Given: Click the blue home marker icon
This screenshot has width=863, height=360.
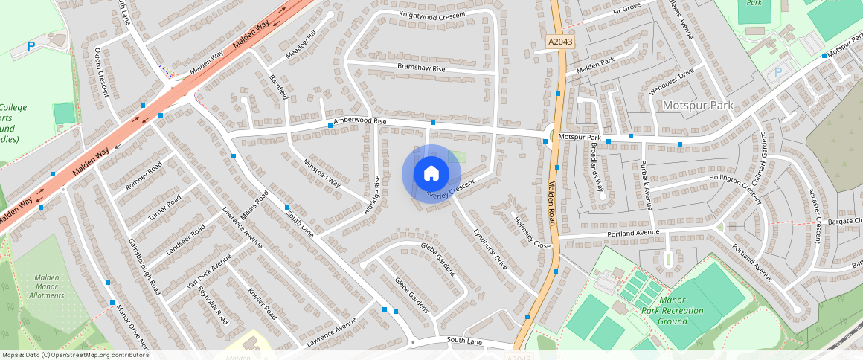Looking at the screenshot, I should (431, 173).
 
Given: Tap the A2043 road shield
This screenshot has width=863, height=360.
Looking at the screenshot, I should (559, 43).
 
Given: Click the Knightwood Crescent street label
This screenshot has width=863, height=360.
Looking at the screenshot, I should (432, 15).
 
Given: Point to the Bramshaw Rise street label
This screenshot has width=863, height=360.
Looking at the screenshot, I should (421, 68).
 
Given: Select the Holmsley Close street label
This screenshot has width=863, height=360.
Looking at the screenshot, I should (532, 232).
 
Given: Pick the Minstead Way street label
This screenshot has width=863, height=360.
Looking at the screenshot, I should (321, 172).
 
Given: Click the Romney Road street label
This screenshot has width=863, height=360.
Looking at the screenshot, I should (144, 176).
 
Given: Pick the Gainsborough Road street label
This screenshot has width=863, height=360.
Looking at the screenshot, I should (144, 267).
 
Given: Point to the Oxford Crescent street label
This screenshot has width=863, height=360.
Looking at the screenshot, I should (102, 72).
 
